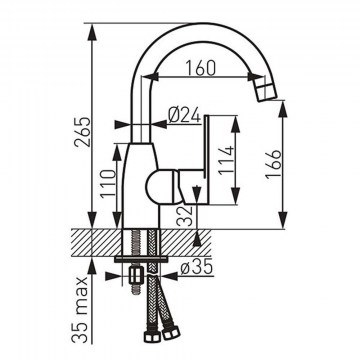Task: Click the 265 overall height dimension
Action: [82, 132]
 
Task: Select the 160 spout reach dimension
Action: [200, 68]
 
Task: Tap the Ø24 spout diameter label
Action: [184, 115]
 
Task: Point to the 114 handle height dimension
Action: [226, 160]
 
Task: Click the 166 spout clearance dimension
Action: [274, 164]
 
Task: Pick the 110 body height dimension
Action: [109, 184]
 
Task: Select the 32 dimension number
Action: [185, 216]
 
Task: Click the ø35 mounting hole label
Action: [196, 267]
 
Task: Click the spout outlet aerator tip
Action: [266, 91]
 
